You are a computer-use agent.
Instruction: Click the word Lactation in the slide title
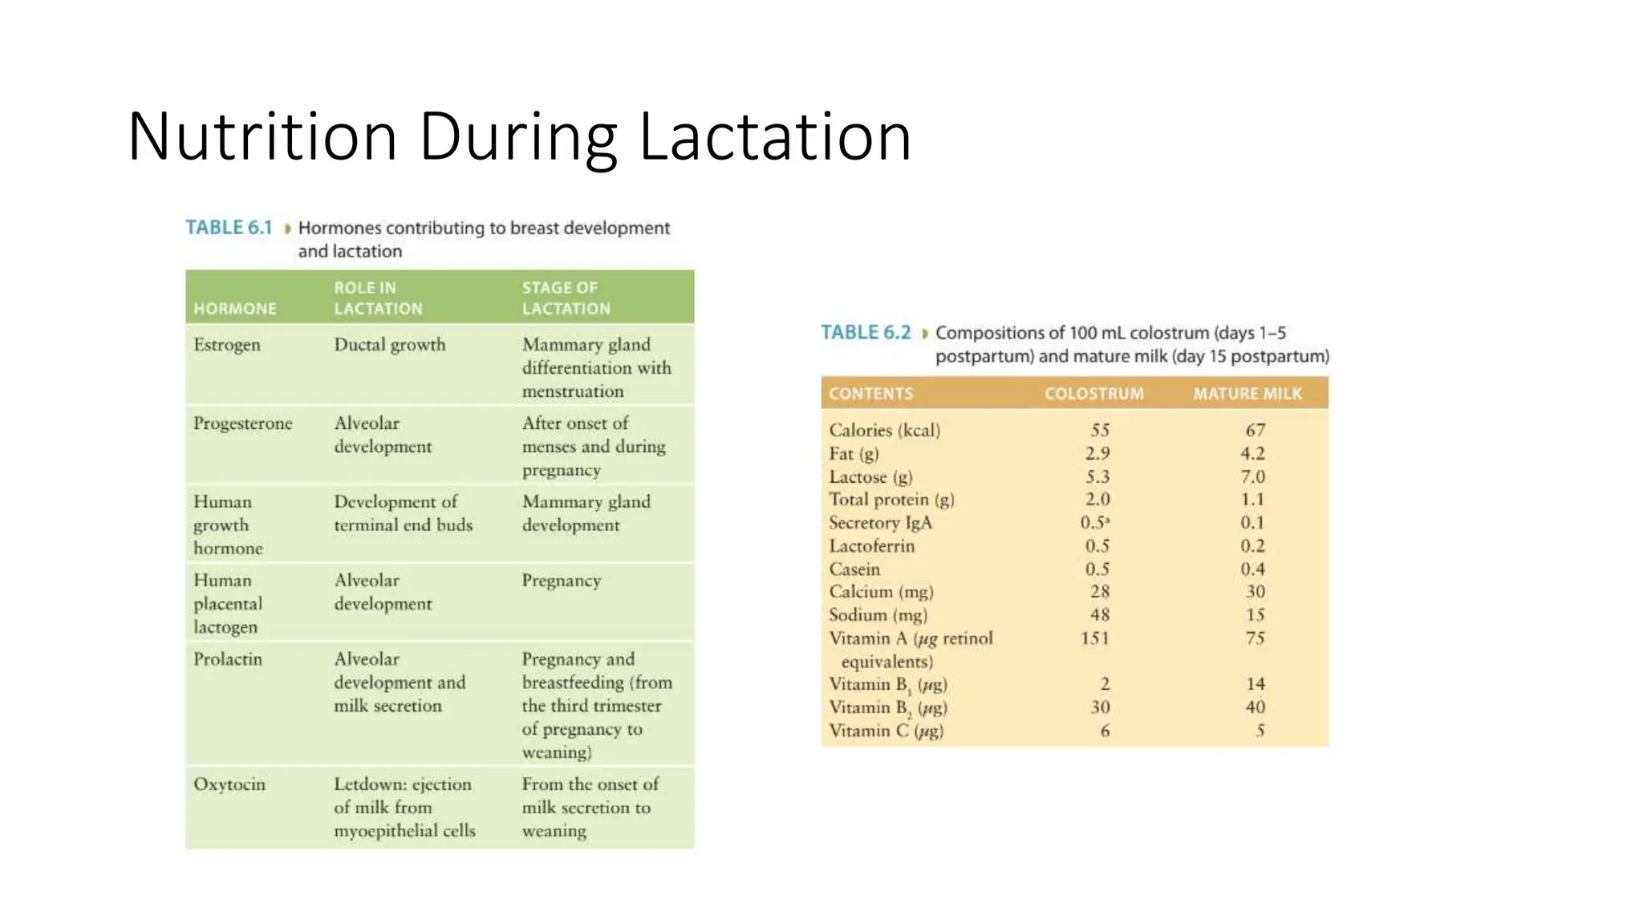coord(775,137)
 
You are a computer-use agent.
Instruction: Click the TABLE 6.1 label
coord(229,228)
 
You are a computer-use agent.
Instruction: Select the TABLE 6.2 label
coord(866,333)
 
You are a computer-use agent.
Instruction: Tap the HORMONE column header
coord(235,309)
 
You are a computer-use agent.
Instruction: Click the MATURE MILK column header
coord(1247,394)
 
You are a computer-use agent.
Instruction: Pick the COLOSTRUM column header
coord(1093,394)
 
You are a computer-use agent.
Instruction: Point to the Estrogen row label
coord(227,345)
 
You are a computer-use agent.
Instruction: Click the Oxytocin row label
coord(229,784)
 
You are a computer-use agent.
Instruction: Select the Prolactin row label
coord(228,659)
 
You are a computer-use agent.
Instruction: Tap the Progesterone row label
coord(242,423)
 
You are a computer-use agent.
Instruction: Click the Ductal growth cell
coord(390,345)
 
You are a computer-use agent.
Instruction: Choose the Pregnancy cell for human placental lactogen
coord(562,581)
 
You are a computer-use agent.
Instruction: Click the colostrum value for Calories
coord(1100,431)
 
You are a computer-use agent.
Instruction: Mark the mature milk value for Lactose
coord(1253,477)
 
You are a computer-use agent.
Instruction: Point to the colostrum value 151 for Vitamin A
coord(1095,638)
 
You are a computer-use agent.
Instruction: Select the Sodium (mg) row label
coord(878,615)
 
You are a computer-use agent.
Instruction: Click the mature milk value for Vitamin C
coord(1260,731)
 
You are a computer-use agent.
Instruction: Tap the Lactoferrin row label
coord(871,546)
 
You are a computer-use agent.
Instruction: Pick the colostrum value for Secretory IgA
coord(1095,523)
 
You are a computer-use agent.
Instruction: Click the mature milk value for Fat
coord(1253,454)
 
